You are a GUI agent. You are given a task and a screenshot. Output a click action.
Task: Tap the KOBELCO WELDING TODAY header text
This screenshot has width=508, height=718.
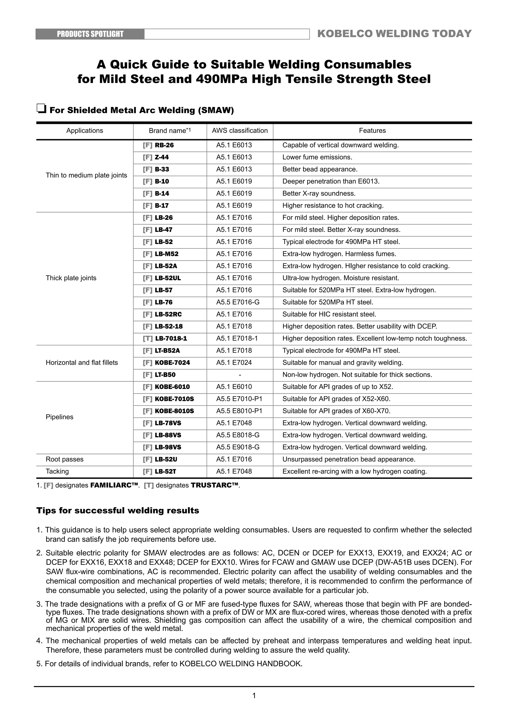click(394, 34)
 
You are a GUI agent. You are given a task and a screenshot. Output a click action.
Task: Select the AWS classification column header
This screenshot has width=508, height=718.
click(240, 131)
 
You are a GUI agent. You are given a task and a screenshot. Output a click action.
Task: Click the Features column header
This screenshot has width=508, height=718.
click(372, 131)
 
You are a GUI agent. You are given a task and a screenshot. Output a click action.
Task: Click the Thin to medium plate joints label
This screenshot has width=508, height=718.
click(86, 175)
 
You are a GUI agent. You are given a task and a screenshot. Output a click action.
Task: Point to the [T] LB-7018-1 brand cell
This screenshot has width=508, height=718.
click(165, 339)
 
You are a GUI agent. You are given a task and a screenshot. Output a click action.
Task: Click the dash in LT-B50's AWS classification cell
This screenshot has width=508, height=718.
click(240, 375)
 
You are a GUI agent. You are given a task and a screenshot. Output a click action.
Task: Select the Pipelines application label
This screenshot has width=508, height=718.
click(60, 417)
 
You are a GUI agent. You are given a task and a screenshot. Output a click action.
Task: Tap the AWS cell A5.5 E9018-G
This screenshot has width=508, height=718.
click(238, 447)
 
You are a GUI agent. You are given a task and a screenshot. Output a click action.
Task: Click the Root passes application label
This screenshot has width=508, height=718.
click(64, 459)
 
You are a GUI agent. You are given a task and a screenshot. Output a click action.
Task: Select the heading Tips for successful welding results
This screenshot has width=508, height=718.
click(118, 511)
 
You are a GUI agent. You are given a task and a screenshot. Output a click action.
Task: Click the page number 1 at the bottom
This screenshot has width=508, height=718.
click(254, 695)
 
